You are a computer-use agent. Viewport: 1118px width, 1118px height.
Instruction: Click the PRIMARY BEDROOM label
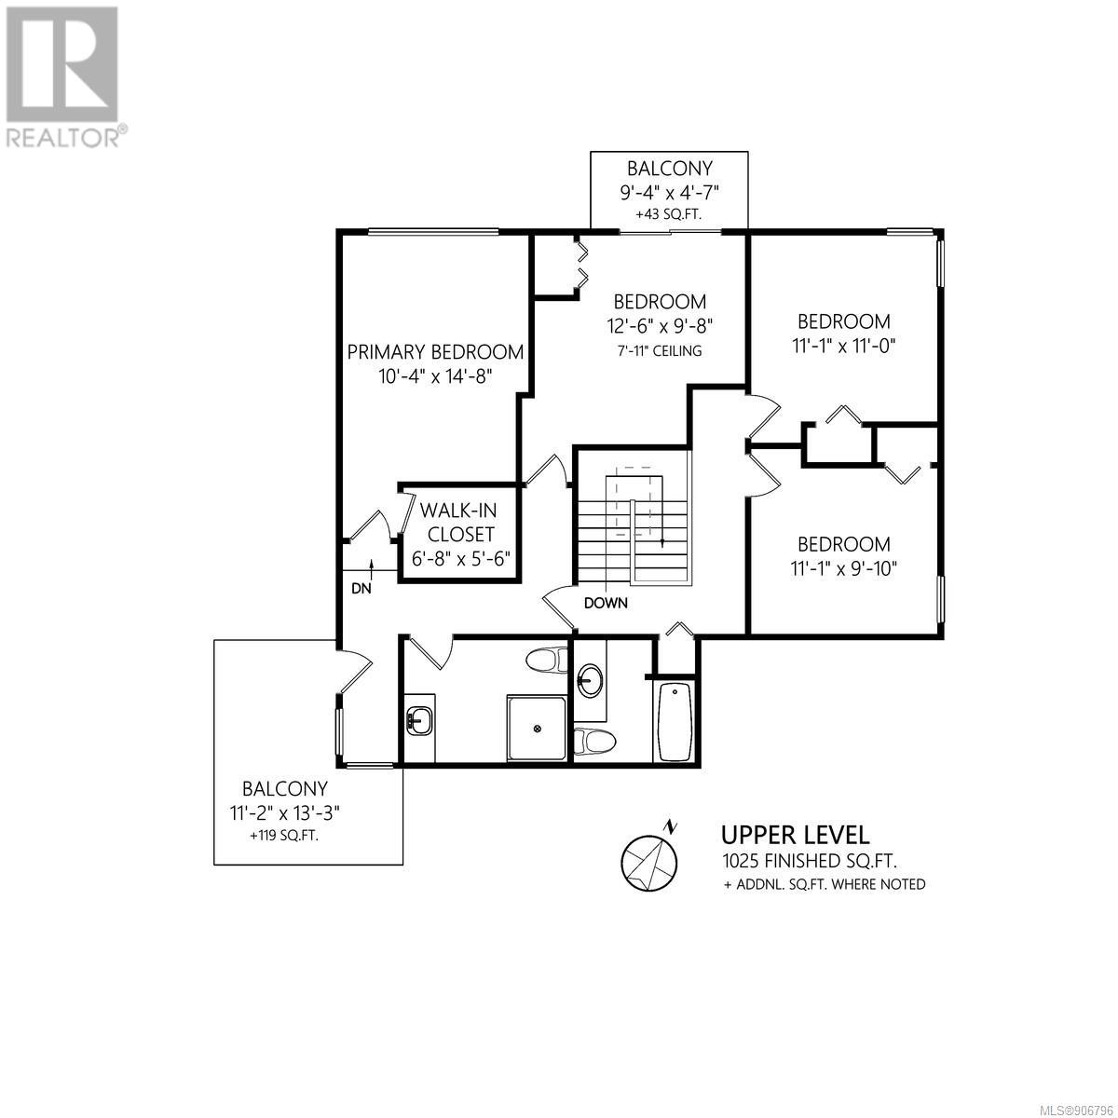pyautogui.click(x=435, y=351)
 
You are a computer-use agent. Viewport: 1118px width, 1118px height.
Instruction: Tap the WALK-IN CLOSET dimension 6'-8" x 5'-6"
pyautogui.click(x=460, y=559)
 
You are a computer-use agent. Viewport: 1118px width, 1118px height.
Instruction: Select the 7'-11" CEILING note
pyautogui.click(x=660, y=350)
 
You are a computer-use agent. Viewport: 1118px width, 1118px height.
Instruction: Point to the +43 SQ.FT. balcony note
pyautogui.click(x=668, y=214)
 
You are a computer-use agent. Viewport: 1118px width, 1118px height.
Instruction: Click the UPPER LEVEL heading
pyautogui.click(x=796, y=835)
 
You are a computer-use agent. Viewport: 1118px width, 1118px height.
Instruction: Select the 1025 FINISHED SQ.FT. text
pyautogui.click(x=810, y=861)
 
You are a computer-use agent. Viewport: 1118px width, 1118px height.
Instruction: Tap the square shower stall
pyautogui.click(x=537, y=728)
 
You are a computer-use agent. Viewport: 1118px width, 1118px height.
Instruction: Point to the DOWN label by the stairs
pyautogui.click(x=606, y=603)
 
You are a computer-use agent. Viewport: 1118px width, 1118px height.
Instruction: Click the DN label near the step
pyautogui.click(x=361, y=588)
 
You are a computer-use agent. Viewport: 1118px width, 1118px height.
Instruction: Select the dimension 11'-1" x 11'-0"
pyautogui.click(x=844, y=346)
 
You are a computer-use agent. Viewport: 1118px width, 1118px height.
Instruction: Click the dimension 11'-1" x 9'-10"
pyautogui.click(x=844, y=568)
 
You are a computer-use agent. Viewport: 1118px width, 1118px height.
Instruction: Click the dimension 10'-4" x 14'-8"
pyautogui.click(x=435, y=376)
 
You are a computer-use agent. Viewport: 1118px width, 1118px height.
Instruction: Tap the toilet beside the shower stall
pyautogui.click(x=547, y=661)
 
